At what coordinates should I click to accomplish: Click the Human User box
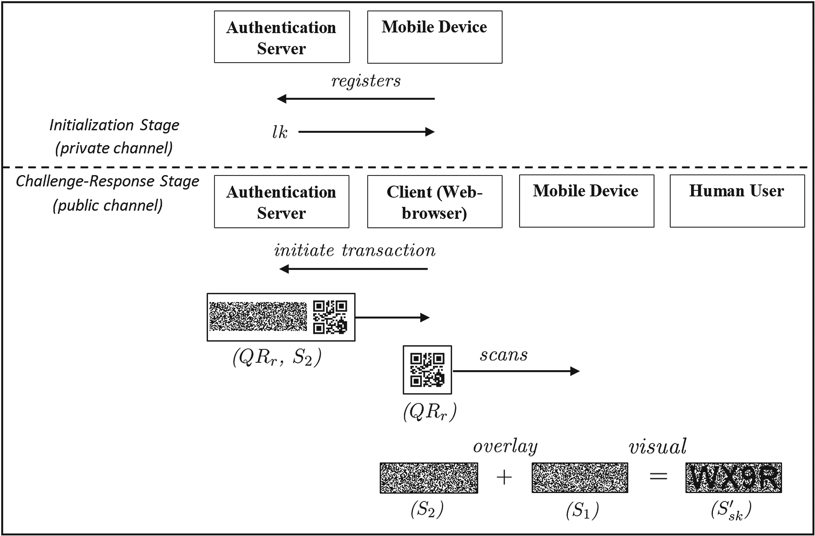tap(737, 201)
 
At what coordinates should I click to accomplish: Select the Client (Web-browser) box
tap(435, 202)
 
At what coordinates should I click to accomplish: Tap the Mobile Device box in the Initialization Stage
tap(435, 37)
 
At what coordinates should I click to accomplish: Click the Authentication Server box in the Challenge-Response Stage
tap(281, 202)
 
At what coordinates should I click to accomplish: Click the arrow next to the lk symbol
tap(366, 132)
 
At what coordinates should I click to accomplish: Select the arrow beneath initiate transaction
tap(353, 269)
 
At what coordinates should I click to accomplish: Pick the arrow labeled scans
tap(516, 371)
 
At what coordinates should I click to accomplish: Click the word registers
tap(366, 81)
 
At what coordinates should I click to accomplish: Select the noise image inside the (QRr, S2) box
tap(258, 317)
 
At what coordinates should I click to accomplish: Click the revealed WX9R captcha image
tap(733, 478)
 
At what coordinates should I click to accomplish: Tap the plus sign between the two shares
tap(504, 477)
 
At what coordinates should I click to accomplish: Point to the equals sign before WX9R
tap(658, 476)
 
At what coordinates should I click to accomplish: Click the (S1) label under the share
tap(582, 510)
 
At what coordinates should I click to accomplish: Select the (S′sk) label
tap(731, 510)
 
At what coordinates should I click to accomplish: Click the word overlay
tap(505, 447)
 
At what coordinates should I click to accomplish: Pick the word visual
tap(657, 447)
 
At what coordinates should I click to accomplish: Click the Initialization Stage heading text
tap(114, 125)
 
